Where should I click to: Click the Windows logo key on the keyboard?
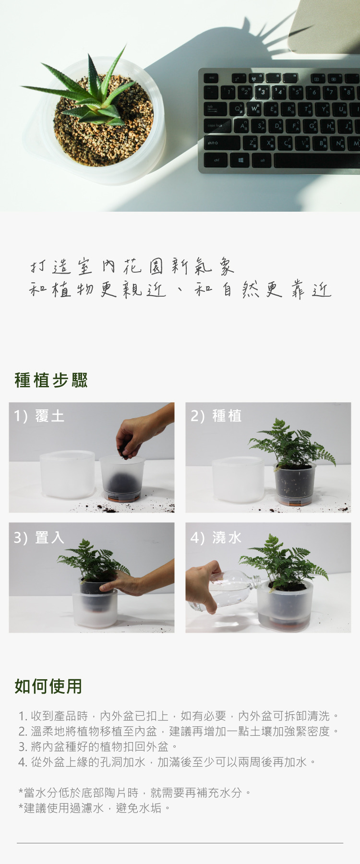pos(240,160)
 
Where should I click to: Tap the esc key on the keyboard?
pos(212,77)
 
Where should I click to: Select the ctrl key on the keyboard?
pos(216,160)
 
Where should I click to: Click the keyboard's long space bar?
pos(317,161)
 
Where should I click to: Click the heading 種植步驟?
pos(51,380)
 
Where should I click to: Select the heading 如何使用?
pos(48,686)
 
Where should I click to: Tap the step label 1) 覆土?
pos(39,416)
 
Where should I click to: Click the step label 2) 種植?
pos(216,416)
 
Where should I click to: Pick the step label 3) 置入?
pos(39,538)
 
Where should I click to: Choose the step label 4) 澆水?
pos(216,538)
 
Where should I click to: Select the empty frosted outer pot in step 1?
pos(67,474)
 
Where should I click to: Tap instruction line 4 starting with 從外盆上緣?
pos(167,762)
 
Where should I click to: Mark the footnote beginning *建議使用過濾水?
pos(95,808)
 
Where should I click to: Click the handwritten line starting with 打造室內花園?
pos(132,266)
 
